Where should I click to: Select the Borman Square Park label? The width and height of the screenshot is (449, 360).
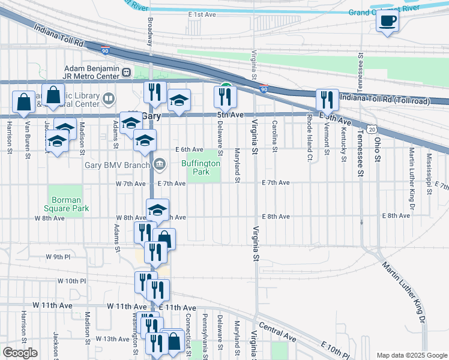click(x=69, y=204)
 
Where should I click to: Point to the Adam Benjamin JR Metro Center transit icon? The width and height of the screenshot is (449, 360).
click(x=127, y=73)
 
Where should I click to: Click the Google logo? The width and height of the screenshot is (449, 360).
click(x=20, y=353)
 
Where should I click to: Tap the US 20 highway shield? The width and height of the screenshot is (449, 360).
click(x=372, y=130)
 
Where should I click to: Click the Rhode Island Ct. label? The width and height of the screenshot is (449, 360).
click(x=309, y=138)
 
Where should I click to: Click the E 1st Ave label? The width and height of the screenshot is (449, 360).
click(x=201, y=14)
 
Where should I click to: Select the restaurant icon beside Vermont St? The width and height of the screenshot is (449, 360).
click(x=327, y=99)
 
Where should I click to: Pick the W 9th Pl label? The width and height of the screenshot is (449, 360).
click(x=58, y=257)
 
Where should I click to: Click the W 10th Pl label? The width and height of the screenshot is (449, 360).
click(x=72, y=281)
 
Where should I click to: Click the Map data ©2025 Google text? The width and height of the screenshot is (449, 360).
click(x=411, y=355)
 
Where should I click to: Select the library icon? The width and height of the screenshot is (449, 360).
click(x=109, y=98)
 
